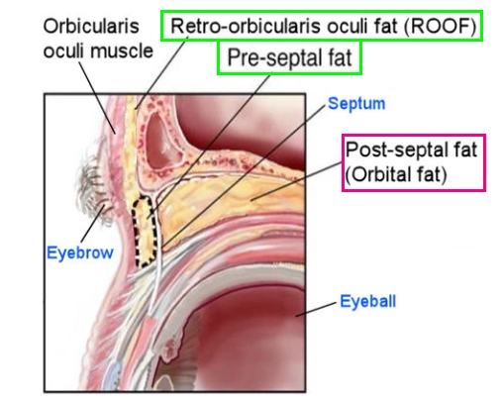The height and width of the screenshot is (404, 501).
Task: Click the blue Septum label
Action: click(x=356, y=104)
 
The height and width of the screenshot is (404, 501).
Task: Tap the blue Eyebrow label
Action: click(x=80, y=253)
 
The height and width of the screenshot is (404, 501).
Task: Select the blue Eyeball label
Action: click(x=368, y=301)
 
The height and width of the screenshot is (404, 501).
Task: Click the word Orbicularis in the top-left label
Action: click(x=91, y=26)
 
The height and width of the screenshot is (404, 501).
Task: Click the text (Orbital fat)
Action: click(x=396, y=174)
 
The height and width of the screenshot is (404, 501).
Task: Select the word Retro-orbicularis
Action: click(x=246, y=26)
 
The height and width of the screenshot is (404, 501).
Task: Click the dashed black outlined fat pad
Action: click(x=146, y=231)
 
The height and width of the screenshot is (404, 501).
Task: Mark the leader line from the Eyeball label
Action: click(x=316, y=310)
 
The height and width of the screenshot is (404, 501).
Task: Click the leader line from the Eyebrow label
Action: click(x=93, y=224)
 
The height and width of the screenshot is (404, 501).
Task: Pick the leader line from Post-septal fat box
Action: click(x=296, y=181)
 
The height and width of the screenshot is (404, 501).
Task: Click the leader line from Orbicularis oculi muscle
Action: click(x=97, y=98)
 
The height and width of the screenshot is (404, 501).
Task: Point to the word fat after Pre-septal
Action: click(x=340, y=58)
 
